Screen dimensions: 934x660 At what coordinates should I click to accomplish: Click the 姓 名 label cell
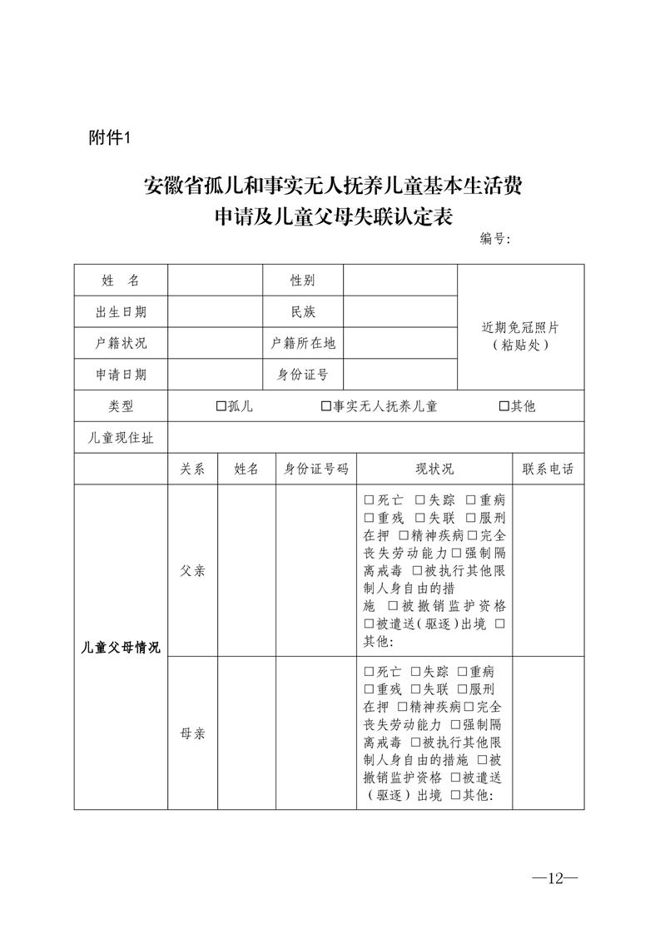pyautogui.click(x=121, y=281)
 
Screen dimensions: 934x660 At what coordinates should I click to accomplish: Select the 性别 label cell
pyautogui.click(x=303, y=281)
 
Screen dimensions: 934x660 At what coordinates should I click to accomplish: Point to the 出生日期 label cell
pyautogui.click(x=121, y=312)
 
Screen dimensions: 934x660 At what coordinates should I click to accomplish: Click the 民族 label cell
pyautogui.click(x=303, y=312)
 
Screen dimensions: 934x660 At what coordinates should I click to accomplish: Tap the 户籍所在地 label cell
pyautogui.click(x=303, y=343)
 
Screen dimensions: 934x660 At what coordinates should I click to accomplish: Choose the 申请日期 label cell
pyautogui.click(x=121, y=375)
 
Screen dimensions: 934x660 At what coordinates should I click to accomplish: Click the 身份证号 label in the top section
pyautogui.click(x=303, y=375)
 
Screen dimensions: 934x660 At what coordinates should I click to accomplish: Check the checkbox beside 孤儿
pyautogui.click(x=221, y=406)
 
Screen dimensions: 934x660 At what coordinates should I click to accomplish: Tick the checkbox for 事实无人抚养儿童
pyautogui.click(x=326, y=406)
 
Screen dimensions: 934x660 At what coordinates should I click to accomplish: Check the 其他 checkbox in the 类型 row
pyautogui.click(x=504, y=406)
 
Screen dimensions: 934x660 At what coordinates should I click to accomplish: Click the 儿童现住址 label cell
pyautogui.click(x=121, y=437)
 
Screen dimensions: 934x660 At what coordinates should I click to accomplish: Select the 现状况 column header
pyautogui.click(x=434, y=469)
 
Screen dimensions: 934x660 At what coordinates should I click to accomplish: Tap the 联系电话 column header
pyautogui.click(x=548, y=469)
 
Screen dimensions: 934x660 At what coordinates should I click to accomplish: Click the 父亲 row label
pyautogui.click(x=192, y=572)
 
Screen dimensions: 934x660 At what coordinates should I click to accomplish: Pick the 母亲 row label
pyautogui.click(x=192, y=734)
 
